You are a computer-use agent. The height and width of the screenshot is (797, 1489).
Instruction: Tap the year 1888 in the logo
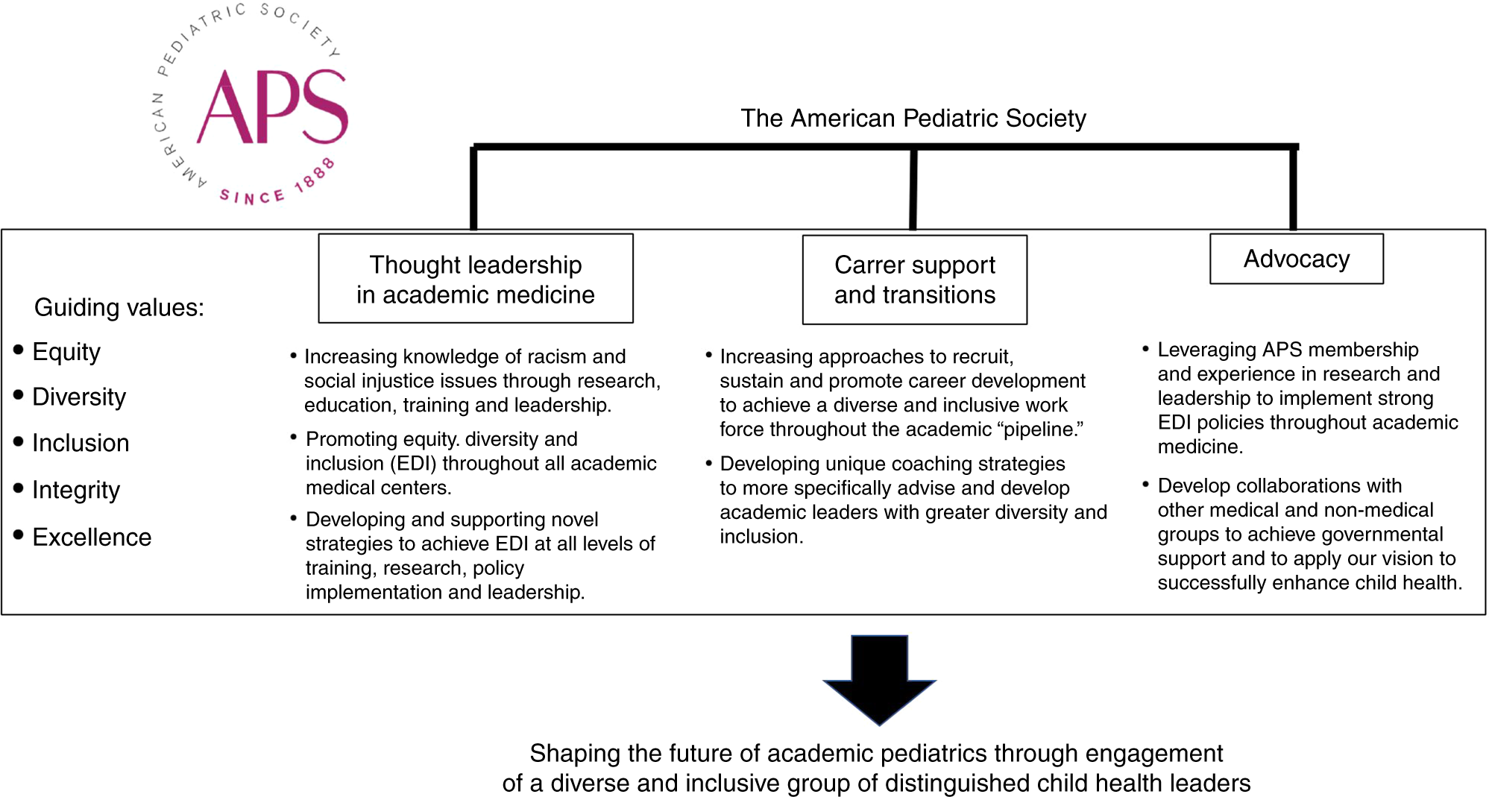click(x=314, y=176)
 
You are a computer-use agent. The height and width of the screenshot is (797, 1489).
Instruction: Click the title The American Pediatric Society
click(x=913, y=119)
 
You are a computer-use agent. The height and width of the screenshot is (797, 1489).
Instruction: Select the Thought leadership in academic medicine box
click(x=475, y=279)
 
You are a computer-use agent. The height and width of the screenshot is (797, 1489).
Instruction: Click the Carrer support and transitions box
click(x=914, y=280)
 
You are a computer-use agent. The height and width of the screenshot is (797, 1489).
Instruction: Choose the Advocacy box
click(x=1296, y=259)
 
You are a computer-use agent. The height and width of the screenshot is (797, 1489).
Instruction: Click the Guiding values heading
click(x=119, y=307)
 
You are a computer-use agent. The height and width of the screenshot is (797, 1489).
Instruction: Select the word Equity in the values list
click(x=66, y=352)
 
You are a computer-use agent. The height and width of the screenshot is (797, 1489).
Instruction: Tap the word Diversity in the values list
click(x=79, y=397)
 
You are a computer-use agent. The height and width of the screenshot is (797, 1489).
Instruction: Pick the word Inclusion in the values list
click(x=81, y=444)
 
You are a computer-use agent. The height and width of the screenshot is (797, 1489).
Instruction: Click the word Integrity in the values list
click(x=76, y=491)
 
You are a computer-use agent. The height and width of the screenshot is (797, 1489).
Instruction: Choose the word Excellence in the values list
click(x=92, y=538)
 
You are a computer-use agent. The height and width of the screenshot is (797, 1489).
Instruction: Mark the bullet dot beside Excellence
click(x=19, y=535)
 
